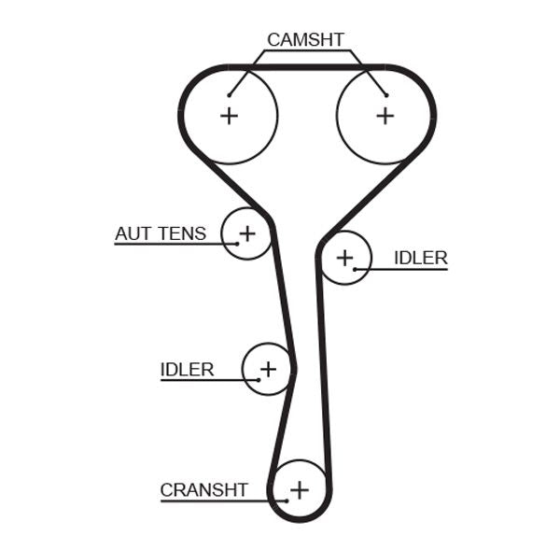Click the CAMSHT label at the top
click(305, 39)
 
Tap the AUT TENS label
click(161, 233)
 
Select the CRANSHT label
click(203, 489)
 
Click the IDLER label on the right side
click(420, 258)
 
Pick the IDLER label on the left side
click(187, 369)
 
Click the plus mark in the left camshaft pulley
click(229, 115)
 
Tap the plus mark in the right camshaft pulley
click(385, 115)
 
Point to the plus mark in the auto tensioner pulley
click(247, 232)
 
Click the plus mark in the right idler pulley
click(344, 256)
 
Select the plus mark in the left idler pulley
click(268, 369)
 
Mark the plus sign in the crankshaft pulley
click(299, 489)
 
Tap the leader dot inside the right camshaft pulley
click(385, 94)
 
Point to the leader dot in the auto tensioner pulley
click(237, 244)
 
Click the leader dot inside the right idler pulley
click(355, 269)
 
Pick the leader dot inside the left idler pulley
click(258, 380)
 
